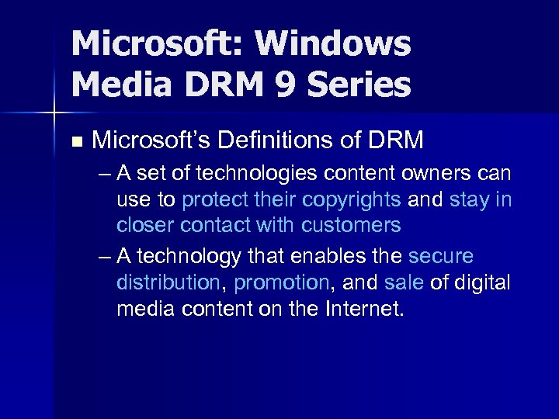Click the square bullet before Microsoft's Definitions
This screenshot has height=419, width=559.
click(x=75, y=142)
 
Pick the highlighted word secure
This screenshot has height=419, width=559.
click(x=440, y=256)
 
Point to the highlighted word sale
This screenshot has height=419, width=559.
click(x=404, y=282)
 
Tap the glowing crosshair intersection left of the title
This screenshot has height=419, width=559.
click(x=54, y=114)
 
